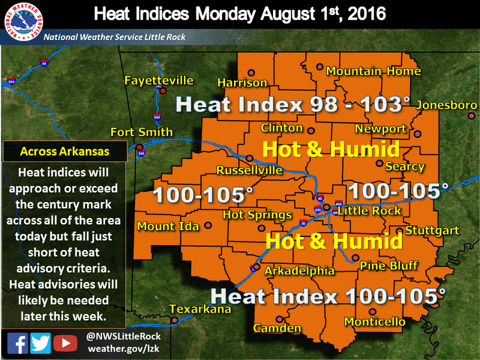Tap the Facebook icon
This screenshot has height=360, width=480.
[17, 343]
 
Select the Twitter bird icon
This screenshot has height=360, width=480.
[40, 343]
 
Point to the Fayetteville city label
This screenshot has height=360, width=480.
[158, 80]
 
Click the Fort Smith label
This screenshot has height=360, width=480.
[142, 132]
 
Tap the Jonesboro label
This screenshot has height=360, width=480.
[446, 104]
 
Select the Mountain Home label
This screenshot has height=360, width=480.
[373, 71]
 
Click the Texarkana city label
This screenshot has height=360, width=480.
[200, 309]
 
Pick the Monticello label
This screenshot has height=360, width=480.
[374, 322]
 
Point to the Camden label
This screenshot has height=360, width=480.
[277, 328]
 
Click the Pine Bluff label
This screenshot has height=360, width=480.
[385, 266]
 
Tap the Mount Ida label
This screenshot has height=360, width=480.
[166, 226]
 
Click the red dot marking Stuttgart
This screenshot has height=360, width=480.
[399, 230]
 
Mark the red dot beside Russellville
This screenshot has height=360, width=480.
[250, 159]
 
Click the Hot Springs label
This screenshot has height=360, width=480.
[257, 215]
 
